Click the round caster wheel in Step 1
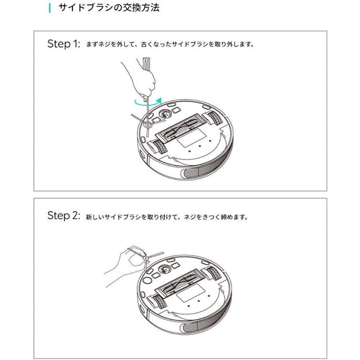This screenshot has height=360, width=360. tap(165, 114)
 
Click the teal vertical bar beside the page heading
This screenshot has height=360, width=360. tap(49, 9)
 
